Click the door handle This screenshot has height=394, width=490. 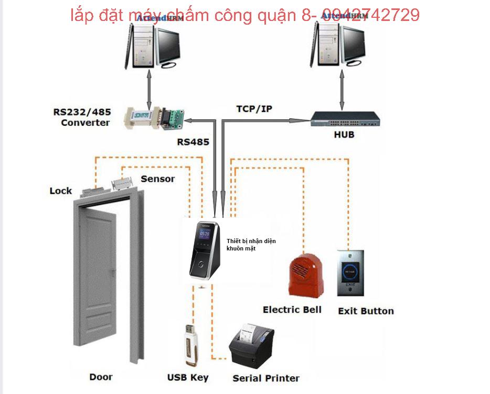[x=113, y=272]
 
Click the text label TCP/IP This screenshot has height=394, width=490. [x=254, y=109]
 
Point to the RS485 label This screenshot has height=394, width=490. [x=193, y=141]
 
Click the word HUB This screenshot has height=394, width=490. [x=344, y=135]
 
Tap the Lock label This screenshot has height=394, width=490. [x=61, y=191]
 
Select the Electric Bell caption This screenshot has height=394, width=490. [x=292, y=309]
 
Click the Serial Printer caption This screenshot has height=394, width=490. [x=266, y=378]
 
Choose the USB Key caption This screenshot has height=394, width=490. [x=188, y=377]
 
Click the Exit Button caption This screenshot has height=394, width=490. [x=366, y=311]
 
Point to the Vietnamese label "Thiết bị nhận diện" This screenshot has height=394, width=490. [x=251, y=241]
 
